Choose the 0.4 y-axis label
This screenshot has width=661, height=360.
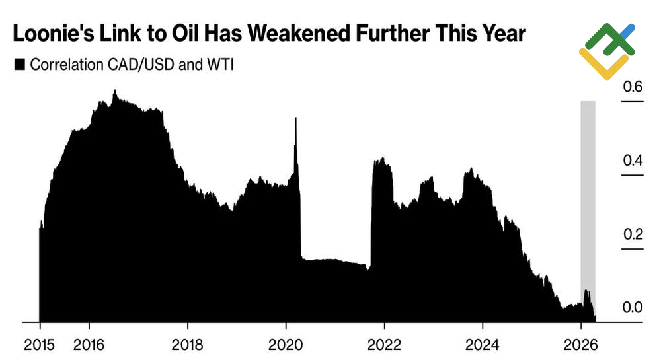(x=633, y=161)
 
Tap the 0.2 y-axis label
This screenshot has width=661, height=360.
(x=633, y=234)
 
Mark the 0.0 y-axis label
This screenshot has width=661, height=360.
(x=633, y=308)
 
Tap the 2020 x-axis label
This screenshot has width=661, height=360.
(x=286, y=343)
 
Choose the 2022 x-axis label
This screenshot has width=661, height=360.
(x=384, y=343)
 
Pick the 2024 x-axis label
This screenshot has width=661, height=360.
(x=483, y=343)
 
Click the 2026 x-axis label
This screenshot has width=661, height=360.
(x=580, y=343)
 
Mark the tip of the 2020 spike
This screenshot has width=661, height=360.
(x=295, y=118)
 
